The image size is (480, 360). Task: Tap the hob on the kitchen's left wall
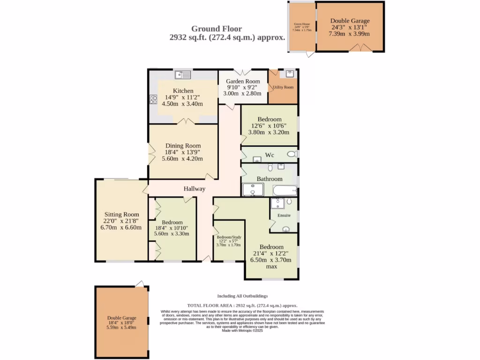click(153, 99)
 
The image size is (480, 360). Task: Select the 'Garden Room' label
click(243, 82)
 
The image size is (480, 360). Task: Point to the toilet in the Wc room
click(292, 154)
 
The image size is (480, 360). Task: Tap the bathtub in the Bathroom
click(285, 191)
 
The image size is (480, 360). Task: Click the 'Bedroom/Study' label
click(228, 238)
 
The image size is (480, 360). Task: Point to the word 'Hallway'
click(195, 189)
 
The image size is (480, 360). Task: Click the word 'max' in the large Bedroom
click(271, 266)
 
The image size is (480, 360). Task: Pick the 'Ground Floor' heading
click(220, 29)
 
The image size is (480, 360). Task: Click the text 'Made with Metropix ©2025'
click(242, 330)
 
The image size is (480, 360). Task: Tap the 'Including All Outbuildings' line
click(242, 296)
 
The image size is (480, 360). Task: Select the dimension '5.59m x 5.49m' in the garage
click(121, 327)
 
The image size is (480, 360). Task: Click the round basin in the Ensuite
click(285, 229)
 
